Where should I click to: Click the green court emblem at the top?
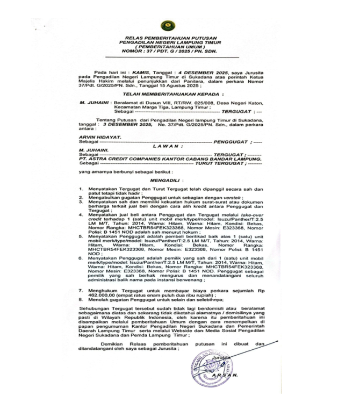168,25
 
